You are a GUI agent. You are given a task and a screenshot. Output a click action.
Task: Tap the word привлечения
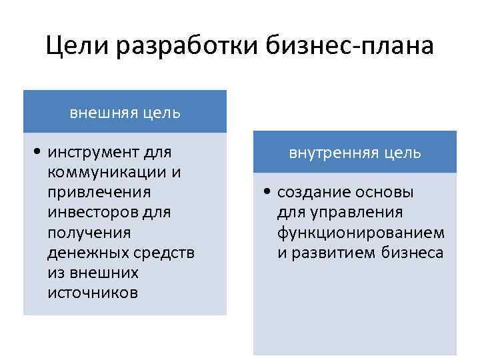99,192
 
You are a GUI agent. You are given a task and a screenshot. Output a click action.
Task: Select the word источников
93,293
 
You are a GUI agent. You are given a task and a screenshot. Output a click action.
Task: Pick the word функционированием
361,233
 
